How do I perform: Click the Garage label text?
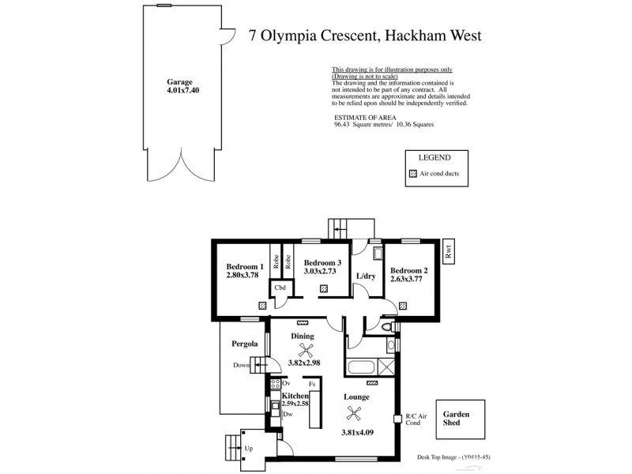(180, 81)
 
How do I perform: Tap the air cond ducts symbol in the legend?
(412, 173)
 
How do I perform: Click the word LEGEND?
(435, 158)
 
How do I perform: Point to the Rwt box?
(450, 252)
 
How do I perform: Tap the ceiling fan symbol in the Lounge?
(355, 411)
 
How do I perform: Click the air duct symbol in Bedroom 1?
(261, 304)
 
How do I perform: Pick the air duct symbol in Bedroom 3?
(324, 290)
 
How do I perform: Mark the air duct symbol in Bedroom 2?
(403, 304)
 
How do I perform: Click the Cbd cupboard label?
(280, 288)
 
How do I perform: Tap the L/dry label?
(365, 276)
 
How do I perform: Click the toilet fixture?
(386, 325)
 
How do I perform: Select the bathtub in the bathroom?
(362, 367)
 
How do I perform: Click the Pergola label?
(245, 344)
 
